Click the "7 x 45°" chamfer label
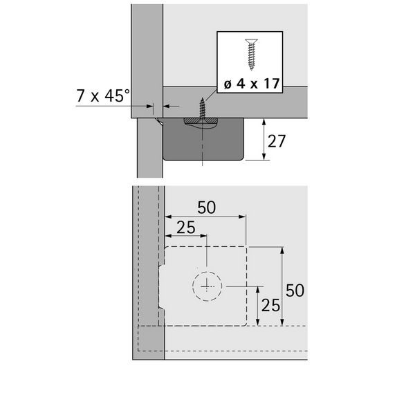click(x=103, y=95)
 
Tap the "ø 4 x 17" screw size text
click(x=252, y=84)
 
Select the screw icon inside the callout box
click(x=251, y=54)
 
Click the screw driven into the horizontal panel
click(x=203, y=109)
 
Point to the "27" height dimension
click(x=277, y=141)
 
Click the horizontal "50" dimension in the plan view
click(x=206, y=207)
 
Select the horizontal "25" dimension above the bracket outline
click(x=186, y=228)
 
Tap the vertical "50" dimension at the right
click(x=295, y=290)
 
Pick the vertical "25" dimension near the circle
click(x=270, y=305)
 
